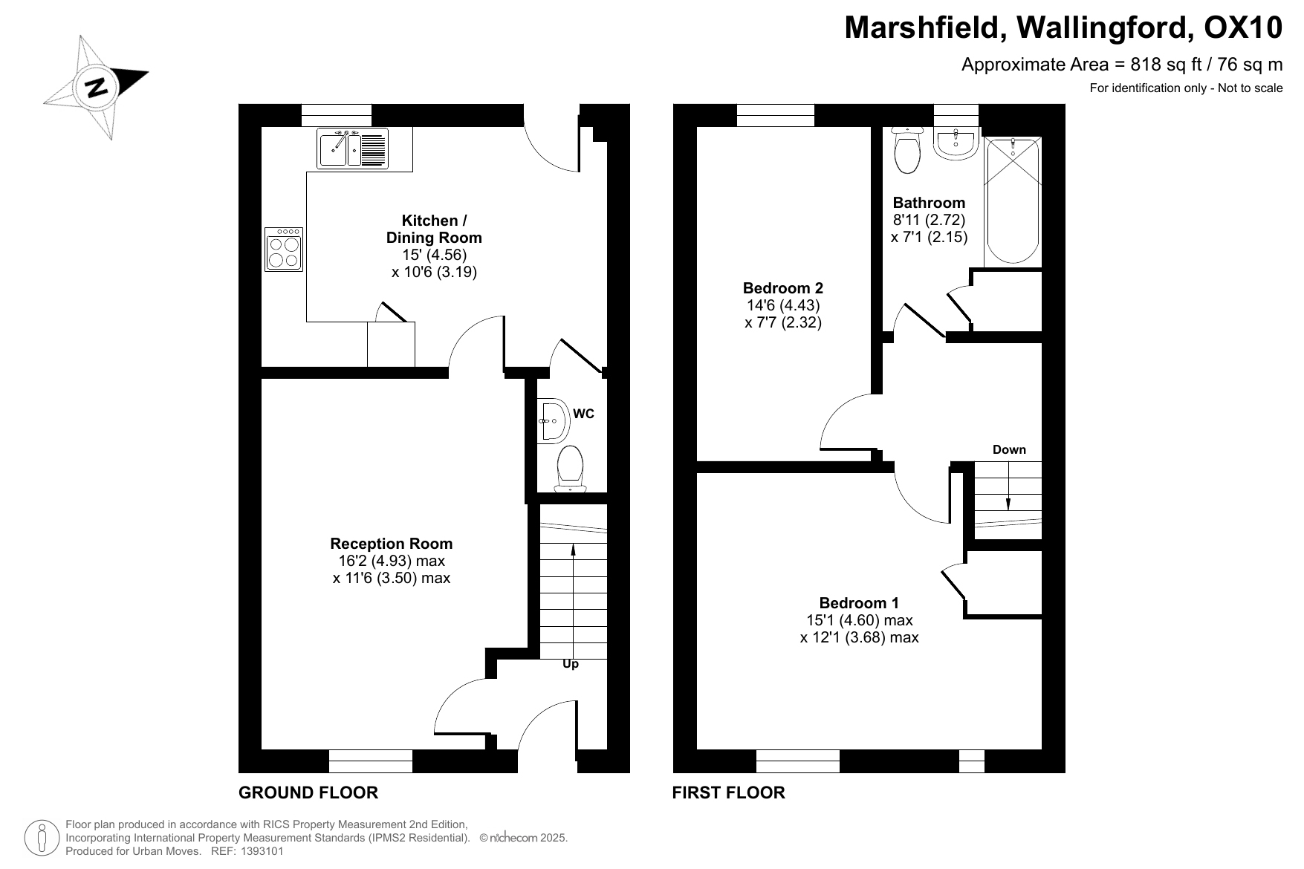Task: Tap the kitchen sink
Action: pyautogui.click(x=352, y=149)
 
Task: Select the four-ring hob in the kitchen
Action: pyautogui.click(x=284, y=249)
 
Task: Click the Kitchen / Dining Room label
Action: pyautogui.click(x=434, y=229)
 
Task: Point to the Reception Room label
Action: pyautogui.click(x=392, y=544)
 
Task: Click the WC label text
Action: pyautogui.click(x=584, y=414)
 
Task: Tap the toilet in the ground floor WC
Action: pyautogui.click(x=571, y=469)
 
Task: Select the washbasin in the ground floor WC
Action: pyautogui.click(x=554, y=421)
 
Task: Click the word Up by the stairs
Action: pyautogui.click(x=571, y=664)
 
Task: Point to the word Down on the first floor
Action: pyautogui.click(x=1009, y=449)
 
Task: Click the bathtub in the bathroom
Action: pyautogui.click(x=1013, y=201)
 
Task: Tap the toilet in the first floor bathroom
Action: pyautogui.click(x=907, y=150)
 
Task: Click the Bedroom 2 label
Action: pyautogui.click(x=783, y=288)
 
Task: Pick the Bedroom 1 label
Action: pyautogui.click(x=859, y=603)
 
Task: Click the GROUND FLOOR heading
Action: pyautogui.click(x=308, y=792)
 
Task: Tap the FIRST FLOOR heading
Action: pyautogui.click(x=729, y=792)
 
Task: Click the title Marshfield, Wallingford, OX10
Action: pyautogui.click(x=1064, y=28)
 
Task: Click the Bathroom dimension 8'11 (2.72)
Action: pyautogui.click(x=929, y=220)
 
